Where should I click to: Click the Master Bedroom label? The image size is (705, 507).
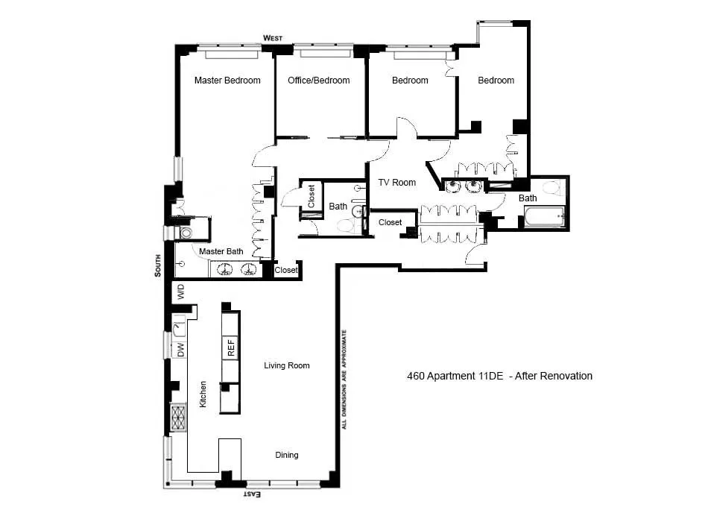227,81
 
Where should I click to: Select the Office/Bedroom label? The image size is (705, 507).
318,81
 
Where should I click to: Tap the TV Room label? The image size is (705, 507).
396,183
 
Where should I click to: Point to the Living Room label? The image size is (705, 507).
286,365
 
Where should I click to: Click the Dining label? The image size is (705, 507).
287,455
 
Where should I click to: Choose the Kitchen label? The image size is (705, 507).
202,393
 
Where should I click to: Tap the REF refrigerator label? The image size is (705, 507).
230,347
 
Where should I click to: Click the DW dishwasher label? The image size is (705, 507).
180,349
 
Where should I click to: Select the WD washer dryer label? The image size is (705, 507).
180,292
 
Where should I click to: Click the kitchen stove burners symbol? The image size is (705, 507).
179,418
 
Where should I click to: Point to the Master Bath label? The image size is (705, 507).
221,252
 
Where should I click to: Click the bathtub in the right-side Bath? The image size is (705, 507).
545,218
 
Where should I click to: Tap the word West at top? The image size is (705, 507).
273,38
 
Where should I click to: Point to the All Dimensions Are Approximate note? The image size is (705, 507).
344,379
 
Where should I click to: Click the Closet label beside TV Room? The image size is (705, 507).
390,222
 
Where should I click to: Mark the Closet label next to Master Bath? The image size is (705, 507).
285,271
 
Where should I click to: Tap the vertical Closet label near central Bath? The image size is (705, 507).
312,197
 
